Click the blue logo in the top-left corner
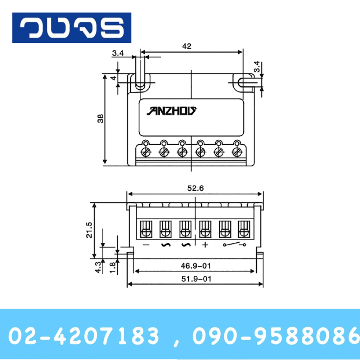(x=72, y=28)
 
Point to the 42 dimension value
(x=187, y=46)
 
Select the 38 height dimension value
(x=101, y=118)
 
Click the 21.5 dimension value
(x=89, y=230)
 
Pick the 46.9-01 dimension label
(x=195, y=266)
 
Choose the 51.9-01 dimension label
(x=195, y=278)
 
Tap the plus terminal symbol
(x=205, y=245)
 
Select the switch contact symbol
(x=235, y=245)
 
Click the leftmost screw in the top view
(x=146, y=152)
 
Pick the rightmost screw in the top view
(x=236, y=152)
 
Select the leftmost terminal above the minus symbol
(x=146, y=228)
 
